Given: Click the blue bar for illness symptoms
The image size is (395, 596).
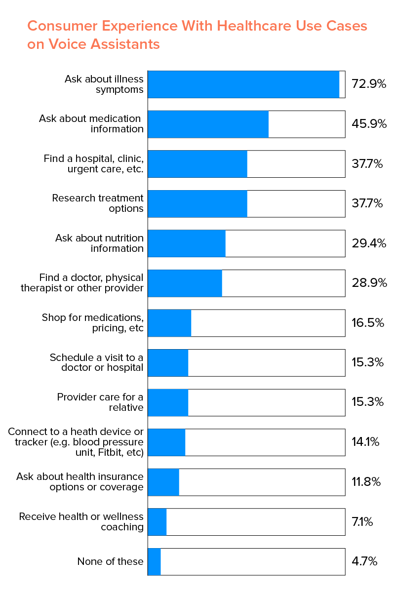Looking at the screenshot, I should pos(243,84).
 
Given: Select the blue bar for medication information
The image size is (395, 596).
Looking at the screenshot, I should pos(208,124).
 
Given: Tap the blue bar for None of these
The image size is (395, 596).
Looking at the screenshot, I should pos(154,561).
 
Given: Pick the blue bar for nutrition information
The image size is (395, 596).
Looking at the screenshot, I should pos(187,243).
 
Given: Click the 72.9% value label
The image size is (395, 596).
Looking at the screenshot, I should pos(368,84).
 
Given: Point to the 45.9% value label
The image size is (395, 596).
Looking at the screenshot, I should pos(368,124).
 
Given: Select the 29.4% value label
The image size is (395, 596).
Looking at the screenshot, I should pos(368,243).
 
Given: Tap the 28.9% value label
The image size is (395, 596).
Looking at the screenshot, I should pos(368,283).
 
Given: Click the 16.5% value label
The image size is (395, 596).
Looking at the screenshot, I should pos(367,323).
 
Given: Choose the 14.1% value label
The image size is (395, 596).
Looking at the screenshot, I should pos(365,442).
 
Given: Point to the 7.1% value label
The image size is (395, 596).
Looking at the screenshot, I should pos(362,522).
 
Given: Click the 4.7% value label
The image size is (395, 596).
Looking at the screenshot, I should pos(364,561).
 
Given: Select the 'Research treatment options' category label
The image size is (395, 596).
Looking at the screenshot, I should pos(98,203).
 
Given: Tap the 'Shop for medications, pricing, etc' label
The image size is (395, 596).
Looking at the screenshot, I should pos(93,323).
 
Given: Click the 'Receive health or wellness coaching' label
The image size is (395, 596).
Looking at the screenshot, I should pos(81,522).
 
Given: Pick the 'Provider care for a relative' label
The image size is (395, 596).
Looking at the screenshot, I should pos(100,402).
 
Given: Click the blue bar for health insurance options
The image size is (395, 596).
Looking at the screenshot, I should pos(163,482).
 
